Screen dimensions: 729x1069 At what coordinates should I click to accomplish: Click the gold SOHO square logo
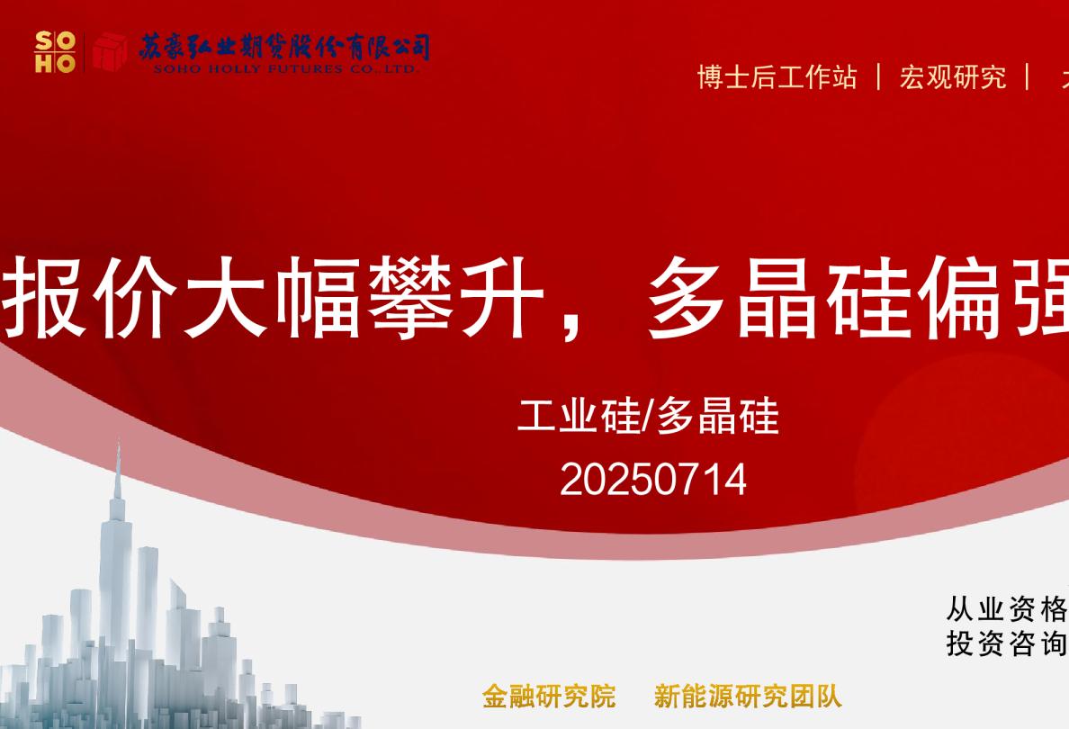click(54, 51)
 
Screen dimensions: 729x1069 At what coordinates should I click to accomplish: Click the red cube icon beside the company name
click(110, 51)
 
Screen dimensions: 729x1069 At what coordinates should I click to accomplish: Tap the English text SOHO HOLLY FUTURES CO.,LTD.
click(286, 68)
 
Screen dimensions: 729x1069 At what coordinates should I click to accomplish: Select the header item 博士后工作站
click(777, 77)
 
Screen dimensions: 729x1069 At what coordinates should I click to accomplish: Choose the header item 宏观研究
click(953, 77)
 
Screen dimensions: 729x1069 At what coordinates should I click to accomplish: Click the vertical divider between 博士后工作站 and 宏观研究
click(879, 76)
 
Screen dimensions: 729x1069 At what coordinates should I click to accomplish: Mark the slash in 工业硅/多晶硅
click(647, 418)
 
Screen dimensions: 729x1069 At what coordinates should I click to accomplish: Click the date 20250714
click(653, 480)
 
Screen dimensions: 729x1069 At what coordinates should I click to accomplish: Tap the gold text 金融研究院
click(549, 696)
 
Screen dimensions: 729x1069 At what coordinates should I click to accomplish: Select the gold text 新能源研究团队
click(748, 696)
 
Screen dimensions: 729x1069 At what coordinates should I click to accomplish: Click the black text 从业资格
click(1006, 609)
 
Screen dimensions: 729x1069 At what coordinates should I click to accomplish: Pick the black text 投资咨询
click(1006, 643)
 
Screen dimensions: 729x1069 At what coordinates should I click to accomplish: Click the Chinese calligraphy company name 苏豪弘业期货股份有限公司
click(284, 47)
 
